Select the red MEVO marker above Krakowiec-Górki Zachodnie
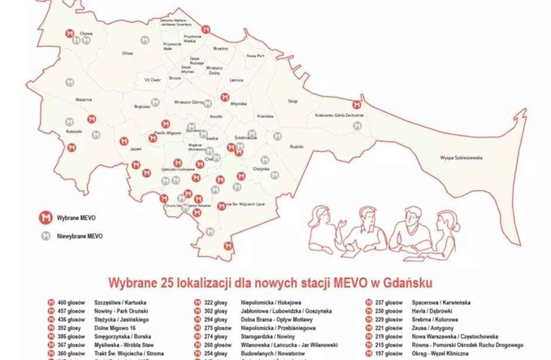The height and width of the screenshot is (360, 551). (x=354, y=105)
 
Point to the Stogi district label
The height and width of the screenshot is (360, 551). (x=293, y=101)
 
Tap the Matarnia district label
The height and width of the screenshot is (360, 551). (x=85, y=99)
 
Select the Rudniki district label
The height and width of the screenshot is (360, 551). (x=297, y=146)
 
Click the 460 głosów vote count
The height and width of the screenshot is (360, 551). (x=71, y=302)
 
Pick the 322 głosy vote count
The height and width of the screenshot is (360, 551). (x=215, y=302)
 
